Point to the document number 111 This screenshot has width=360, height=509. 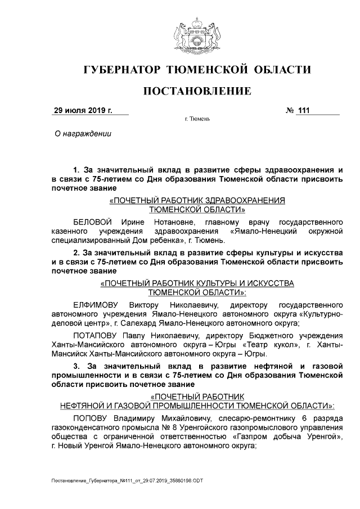pyautogui.click(x=304, y=110)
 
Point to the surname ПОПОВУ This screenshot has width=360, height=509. pyautogui.click(x=90, y=418)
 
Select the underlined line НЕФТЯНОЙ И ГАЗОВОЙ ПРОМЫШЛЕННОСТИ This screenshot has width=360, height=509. pyautogui.click(x=197, y=405)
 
